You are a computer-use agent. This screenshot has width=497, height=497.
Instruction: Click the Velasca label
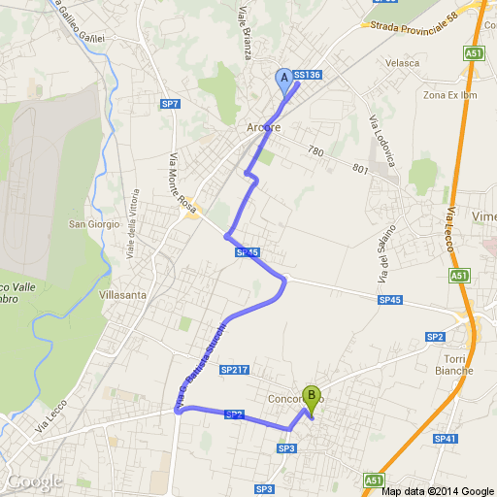click(x=401, y=63)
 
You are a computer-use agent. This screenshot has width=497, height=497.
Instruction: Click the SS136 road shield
click(x=307, y=74)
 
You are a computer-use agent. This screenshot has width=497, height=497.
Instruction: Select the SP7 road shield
click(x=170, y=103)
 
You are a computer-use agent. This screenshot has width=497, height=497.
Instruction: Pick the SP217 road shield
click(x=235, y=370)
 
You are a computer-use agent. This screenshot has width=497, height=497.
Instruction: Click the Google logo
click(x=34, y=481)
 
